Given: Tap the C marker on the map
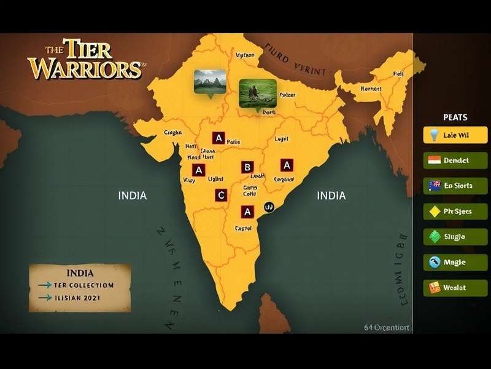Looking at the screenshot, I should pyautogui.click(x=221, y=196).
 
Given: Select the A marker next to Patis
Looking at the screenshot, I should pyautogui.click(x=218, y=138).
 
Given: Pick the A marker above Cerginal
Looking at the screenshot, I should pyautogui.click(x=286, y=165).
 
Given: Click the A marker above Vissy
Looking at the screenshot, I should pyautogui.click(x=198, y=170).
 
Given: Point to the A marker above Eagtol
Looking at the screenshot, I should pyautogui.click(x=247, y=212).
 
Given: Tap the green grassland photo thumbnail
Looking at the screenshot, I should pyautogui.click(x=256, y=93).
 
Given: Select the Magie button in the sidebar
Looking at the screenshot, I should pyautogui.click(x=455, y=262).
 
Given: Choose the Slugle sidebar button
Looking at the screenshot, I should pyautogui.click(x=455, y=237).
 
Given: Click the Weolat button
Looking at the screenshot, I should pyautogui.click(x=455, y=287).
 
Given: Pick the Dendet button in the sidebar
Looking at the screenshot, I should pyautogui.click(x=455, y=161).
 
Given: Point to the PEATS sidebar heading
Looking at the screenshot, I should pyautogui.click(x=455, y=117).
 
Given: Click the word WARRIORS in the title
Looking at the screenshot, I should pyautogui.click(x=85, y=68).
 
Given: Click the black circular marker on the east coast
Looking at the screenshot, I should pyautogui.click(x=268, y=208).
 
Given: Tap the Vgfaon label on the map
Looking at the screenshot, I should pyautogui.click(x=245, y=55).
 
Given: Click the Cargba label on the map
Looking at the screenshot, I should pyautogui.click(x=174, y=132).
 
